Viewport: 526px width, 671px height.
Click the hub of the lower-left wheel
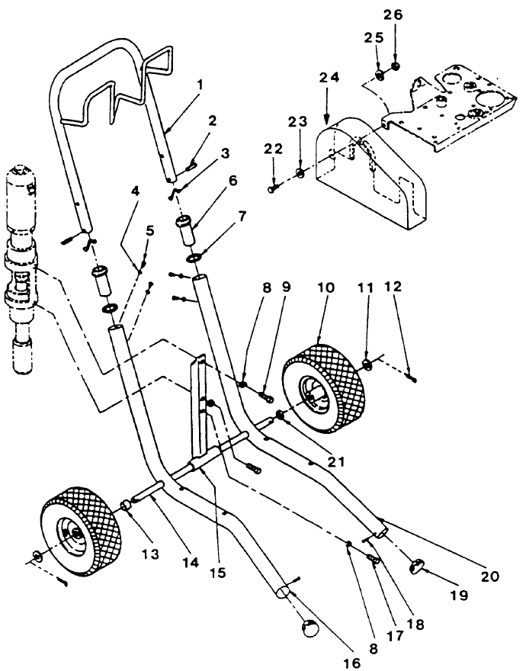[75, 537]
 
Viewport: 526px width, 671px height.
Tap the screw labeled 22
[274, 189]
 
